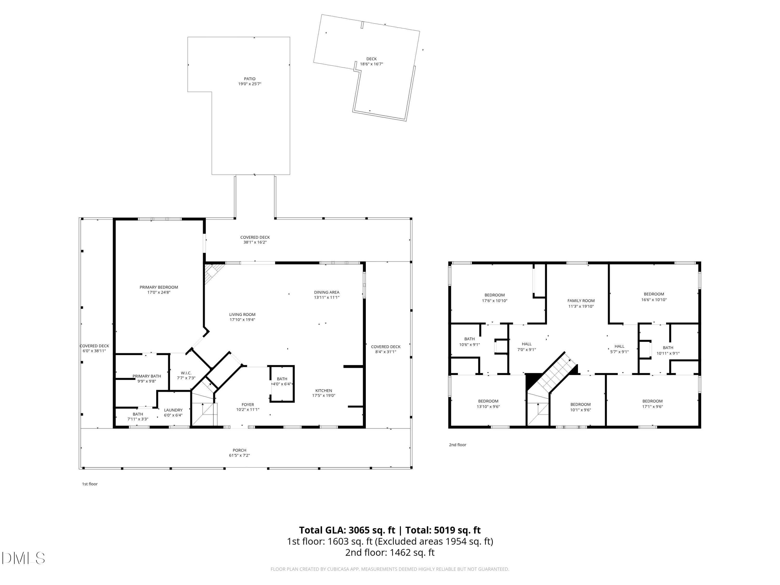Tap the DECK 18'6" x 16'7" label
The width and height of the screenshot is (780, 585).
(x=371, y=61)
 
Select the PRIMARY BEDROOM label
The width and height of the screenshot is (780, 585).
(x=159, y=289)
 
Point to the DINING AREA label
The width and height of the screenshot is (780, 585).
(x=327, y=292)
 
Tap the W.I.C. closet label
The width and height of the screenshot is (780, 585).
(x=186, y=373)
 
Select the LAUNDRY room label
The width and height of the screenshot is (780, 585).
(x=173, y=410)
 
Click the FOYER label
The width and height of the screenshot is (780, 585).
(x=248, y=405)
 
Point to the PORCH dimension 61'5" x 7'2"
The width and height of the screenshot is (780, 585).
(x=239, y=455)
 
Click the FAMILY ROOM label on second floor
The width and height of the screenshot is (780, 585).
(x=581, y=301)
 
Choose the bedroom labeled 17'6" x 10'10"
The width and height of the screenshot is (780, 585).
(x=494, y=298)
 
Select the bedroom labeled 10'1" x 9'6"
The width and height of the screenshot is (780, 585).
(x=580, y=407)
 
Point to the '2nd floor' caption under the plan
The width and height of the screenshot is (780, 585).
(x=457, y=445)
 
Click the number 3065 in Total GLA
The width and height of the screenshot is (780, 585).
(x=359, y=530)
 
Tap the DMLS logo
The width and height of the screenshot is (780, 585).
(x=23, y=558)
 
